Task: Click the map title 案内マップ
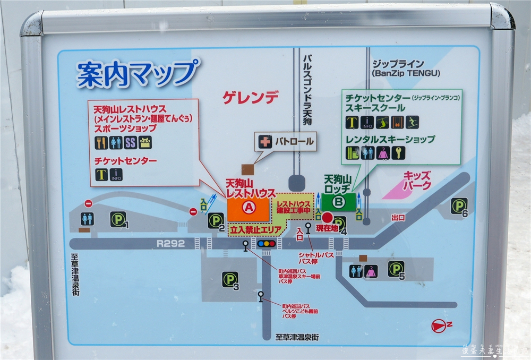click(x=138, y=73)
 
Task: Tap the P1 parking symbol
click(x=118, y=219)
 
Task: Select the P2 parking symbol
click(x=216, y=220)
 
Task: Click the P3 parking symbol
click(x=230, y=279)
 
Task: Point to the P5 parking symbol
click(x=396, y=269)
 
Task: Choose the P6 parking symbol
click(x=459, y=206)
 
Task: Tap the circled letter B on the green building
click(x=338, y=201)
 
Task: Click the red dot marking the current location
click(x=327, y=218)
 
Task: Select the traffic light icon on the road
click(x=267, y=244)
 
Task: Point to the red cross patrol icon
click(x=264, y=142)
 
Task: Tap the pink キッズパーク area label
click(x=416, y=181)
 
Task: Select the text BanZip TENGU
click(x=406, y=73)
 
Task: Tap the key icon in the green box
click(x=398, y=153)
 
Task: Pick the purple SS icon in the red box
click(x=131, y=142)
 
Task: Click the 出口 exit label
click(x=398, y=218)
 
